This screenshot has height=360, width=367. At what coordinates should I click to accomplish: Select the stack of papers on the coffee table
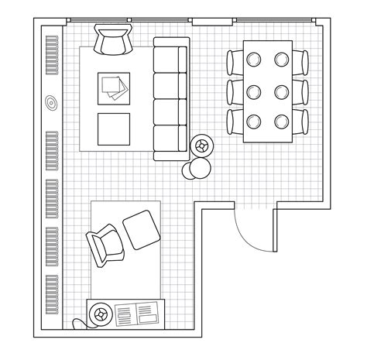(x=113, y=87)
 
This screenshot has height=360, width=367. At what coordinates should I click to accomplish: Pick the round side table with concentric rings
(x=202, y=145)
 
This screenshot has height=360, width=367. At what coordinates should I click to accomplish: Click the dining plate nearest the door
(x=282, y=120)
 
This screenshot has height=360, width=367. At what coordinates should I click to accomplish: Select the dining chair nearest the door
(x=301, y=122)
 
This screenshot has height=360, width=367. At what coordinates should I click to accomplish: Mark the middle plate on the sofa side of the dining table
(x=254, y=90)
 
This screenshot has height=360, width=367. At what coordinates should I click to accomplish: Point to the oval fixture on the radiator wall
(x=52, y=101)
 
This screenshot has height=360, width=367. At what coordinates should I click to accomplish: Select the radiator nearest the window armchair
(x=52, y=54)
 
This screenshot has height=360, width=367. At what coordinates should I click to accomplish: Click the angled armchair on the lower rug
(x=104, y=245)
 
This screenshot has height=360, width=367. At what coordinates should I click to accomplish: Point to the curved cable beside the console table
(x=78, y=323)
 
